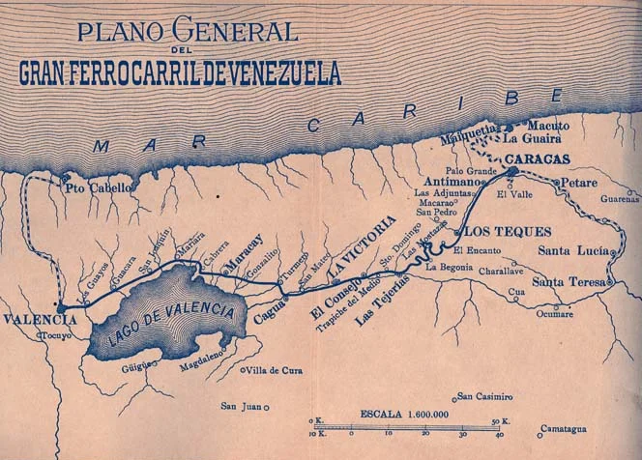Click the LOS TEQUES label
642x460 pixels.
(489, 232)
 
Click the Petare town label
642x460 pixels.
(580, 181)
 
